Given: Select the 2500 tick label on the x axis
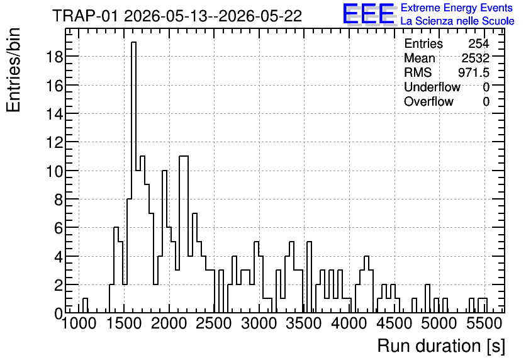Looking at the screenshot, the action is click(x=214, y=323).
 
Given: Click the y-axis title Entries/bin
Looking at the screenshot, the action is click(x=14, y=70).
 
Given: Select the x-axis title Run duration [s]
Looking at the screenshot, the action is click(x=441, y=346).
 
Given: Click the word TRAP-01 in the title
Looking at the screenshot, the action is click(x=85, y=16).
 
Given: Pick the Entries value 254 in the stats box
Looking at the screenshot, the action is click(x=479, y=43).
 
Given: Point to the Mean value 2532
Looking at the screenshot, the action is click(x=475, y=58).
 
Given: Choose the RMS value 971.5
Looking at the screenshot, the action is click(x=474, y=72).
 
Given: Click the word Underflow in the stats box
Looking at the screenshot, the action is click(x=432, y=87).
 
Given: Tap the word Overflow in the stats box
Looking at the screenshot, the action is click(x=428, y=101).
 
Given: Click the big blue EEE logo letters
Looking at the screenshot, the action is click(x=369, y=14).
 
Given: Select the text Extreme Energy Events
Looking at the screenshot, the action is click(x=457, y=8).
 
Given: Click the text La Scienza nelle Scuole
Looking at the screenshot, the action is click(x=457, y=21).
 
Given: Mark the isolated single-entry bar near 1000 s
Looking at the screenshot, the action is click(x=85, y=305).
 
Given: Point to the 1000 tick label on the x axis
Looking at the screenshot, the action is click(x=79, y=323).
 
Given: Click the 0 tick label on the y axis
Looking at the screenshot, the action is click(x=59, y=313).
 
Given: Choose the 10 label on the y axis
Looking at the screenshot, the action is click(x=54, y=171).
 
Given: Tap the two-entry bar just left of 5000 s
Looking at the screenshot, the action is click(x=427, y=298).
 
